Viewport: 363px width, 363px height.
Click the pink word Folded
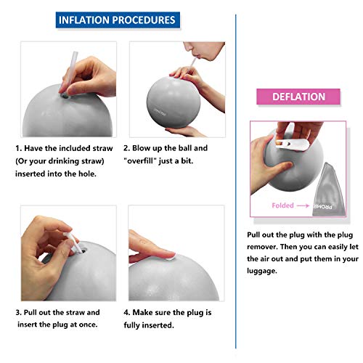coord(282,205)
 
